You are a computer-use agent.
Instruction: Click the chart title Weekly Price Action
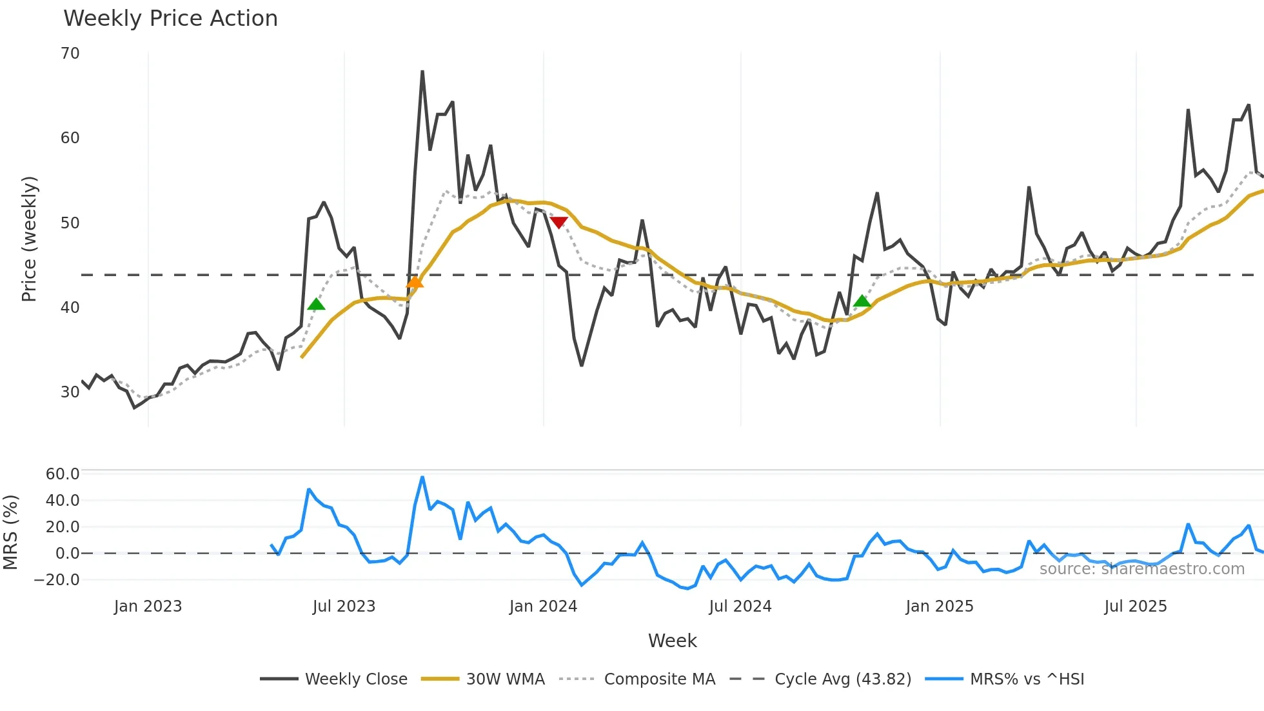point(170,19)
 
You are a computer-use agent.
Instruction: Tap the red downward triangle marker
point(558,223)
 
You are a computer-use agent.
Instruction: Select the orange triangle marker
point(415,282)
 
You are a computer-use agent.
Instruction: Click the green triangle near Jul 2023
point(316,305)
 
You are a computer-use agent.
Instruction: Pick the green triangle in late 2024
point(862,301)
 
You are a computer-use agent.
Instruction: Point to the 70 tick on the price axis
point(70,54)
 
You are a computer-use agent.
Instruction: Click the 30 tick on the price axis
point(70,392)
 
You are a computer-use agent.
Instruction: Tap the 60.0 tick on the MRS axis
point(63,474)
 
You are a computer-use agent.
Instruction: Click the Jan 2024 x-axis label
point(543,606)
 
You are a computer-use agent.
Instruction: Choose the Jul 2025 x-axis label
point(1135,606)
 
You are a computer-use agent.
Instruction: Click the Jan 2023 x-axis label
point(148,606)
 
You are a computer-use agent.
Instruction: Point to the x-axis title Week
point(672,641)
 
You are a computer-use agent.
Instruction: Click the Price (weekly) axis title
point(30,239)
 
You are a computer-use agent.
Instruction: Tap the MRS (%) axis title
point(11,532)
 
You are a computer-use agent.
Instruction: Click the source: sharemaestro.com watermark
point(1141,569)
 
